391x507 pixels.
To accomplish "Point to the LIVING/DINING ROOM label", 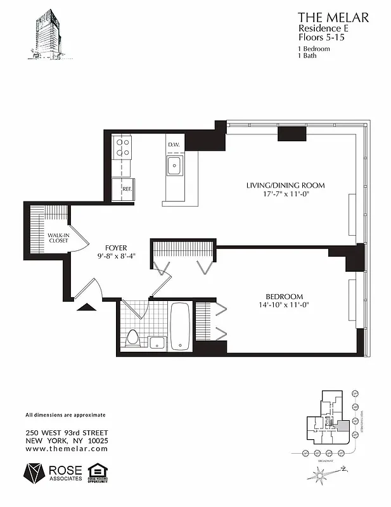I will [x=285, y=186].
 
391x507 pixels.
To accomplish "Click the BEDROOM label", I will [x=284, y=296].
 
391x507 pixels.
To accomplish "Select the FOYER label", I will [x=117, y=248].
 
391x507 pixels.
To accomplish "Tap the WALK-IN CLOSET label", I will [x=58, y=238].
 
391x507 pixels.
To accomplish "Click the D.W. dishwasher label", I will [x=174, y=145].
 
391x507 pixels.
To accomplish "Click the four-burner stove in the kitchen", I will [x=122, y=148].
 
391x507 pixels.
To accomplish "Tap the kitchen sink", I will [x=175, y=166].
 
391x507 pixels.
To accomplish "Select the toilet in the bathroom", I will [x=132, y=337].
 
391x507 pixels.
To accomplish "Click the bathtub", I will [x=181, y=325].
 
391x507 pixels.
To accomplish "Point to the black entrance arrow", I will [x=86, y=307].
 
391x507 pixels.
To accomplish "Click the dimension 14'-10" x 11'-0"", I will [x=284, y=305].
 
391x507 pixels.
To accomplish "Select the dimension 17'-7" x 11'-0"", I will [x=285, y=195].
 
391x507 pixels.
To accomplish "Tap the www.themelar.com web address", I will [x=67, y=448].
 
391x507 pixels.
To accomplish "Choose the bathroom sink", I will [x=158, y=343].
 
